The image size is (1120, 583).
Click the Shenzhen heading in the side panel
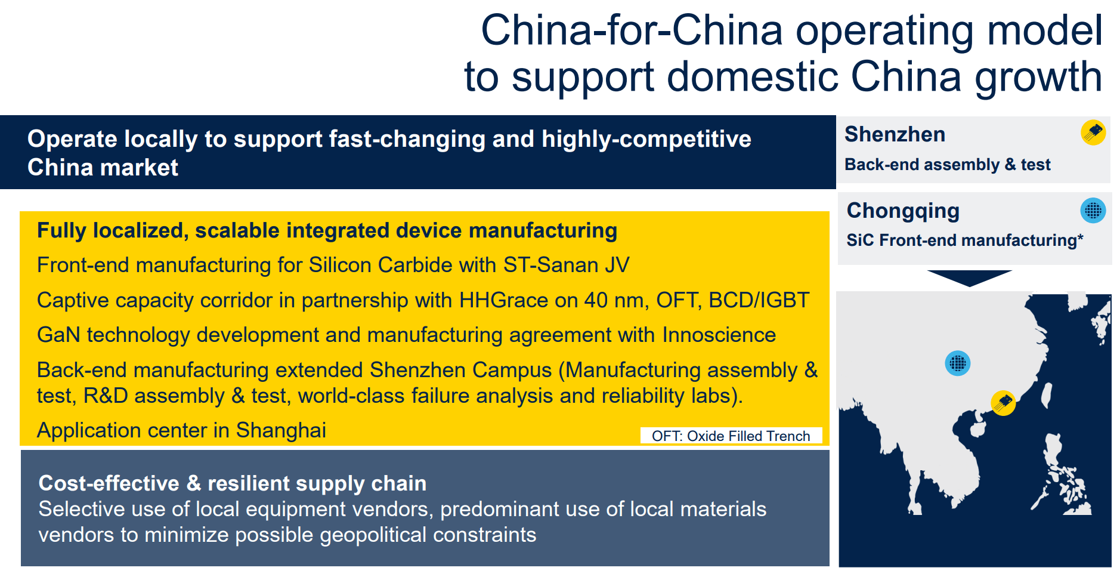coord(895,134)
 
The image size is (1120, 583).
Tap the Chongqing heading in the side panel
coord(903,211)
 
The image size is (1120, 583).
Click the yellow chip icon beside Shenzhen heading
coord(1093,132)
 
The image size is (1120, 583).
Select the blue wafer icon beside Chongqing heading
coord(1093,211)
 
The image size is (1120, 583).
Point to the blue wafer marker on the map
coord(958,363)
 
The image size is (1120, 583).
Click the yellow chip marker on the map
coord(1003,403)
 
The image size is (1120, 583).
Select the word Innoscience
coord(719,335)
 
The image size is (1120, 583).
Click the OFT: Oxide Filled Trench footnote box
coord(731,436)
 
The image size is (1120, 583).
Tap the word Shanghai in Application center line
coord(281,431)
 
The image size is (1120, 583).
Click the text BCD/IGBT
coord(759,300)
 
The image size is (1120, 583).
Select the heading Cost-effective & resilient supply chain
coord(233,483)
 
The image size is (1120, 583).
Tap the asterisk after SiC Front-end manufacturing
coord(1080,237)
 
